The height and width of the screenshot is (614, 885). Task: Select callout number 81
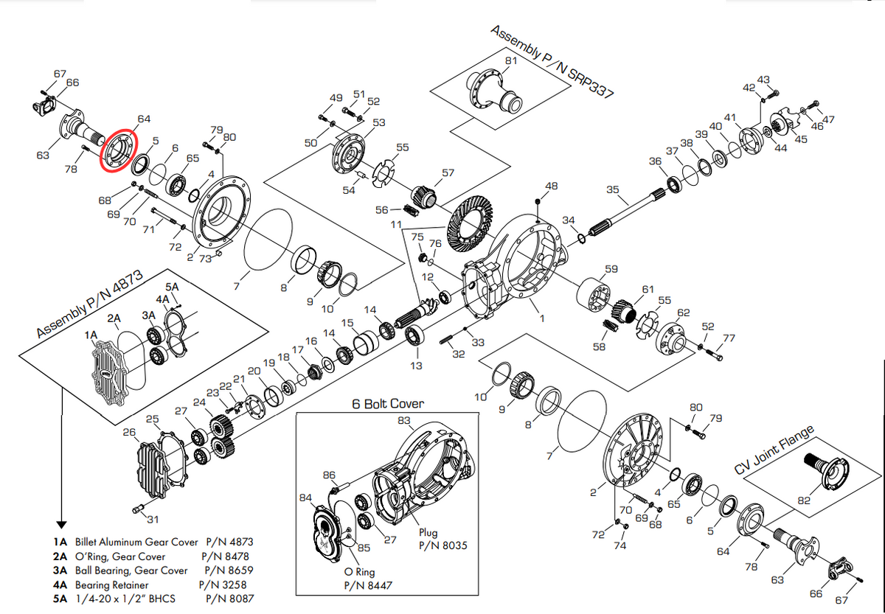tap(511, 60)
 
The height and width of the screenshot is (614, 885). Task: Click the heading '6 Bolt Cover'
tap(388, 403)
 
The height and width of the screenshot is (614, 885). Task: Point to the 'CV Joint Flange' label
tap(774, 450)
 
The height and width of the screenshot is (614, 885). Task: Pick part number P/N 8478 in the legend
tap(225, 557)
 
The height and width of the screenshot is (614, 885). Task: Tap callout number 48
tap(551, 186)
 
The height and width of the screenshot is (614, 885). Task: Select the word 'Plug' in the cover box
tap(428, 533)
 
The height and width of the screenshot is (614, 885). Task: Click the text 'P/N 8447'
tap(368, 585)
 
